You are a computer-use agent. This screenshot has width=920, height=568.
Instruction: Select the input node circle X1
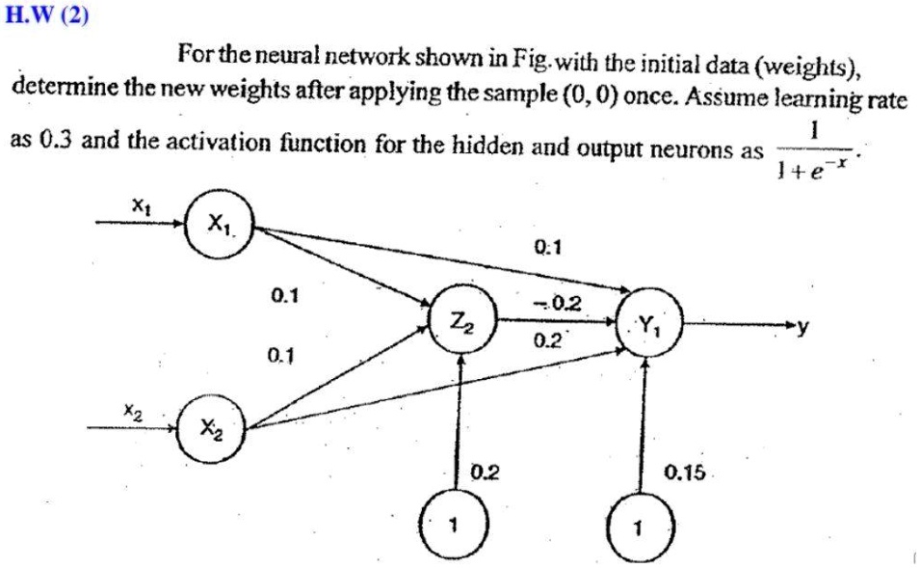coord(220,226)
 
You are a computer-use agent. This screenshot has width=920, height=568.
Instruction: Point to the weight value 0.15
coord(685,473)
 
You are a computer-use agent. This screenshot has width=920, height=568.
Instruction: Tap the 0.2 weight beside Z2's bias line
coord(486,473)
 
